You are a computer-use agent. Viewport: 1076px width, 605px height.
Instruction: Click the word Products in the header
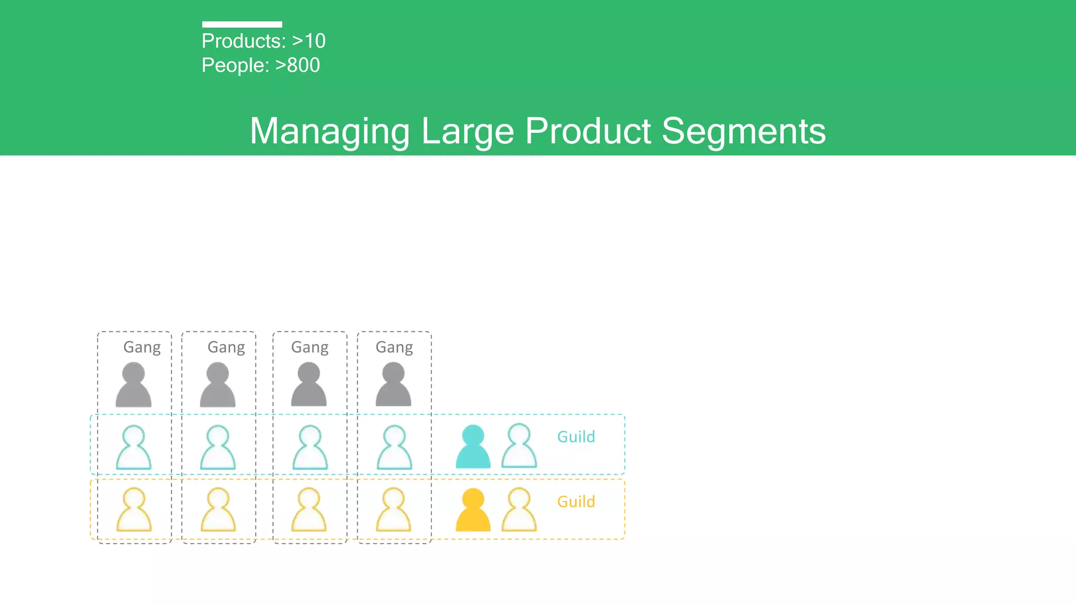click(243, 41)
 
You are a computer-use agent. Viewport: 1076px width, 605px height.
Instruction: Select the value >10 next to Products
click(308, 41)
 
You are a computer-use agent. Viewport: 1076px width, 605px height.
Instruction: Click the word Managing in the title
click(329, 131)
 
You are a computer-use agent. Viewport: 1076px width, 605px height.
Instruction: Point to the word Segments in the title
click(743, 131)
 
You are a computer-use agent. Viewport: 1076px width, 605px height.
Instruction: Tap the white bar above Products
click(242, 24)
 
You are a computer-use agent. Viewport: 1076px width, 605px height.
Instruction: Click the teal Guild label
click(576, 436)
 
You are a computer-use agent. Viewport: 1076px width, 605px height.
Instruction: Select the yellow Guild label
click(576, 502)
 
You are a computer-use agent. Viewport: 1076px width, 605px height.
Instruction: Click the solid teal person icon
click(473, 447)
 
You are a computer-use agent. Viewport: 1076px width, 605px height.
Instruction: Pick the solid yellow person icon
click(473, 510)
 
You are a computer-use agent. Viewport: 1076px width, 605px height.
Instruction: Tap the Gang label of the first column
click(142, 347)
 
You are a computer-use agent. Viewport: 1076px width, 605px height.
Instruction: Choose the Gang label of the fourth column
click(394, 347)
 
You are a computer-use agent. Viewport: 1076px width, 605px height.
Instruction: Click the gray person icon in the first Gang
click(133, 385)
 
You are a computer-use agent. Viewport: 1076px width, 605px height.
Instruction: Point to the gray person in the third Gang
click(309, 385)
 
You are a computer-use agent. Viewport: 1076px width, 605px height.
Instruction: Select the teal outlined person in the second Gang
click(218, 447)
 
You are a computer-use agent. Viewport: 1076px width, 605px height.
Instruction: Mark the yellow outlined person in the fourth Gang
click(394, 510)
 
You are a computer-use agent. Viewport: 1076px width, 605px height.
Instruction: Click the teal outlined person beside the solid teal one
click(519, 446)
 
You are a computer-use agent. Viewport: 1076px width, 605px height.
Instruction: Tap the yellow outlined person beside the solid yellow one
click(519, 510)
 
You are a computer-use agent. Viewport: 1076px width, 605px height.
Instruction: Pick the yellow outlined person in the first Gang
click(133, 510)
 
